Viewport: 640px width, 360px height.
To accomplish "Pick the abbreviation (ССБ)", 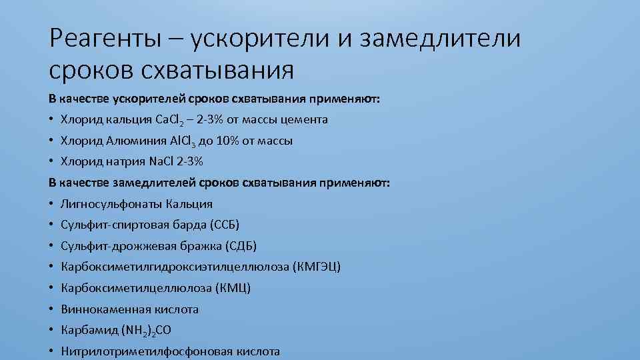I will click(x=224, y=224).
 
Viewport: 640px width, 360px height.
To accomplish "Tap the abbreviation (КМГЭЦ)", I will click(x=316, y=267).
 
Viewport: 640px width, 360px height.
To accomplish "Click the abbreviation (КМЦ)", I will click(x=233, y=288).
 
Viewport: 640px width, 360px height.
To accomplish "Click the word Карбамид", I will click(x=88, y=330).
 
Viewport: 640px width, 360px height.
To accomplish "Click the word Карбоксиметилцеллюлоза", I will click(x=135, y=288).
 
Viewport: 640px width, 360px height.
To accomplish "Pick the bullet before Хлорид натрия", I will click(x=51, y=161).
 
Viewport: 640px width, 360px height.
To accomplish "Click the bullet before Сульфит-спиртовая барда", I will click(x=51, y=225).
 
